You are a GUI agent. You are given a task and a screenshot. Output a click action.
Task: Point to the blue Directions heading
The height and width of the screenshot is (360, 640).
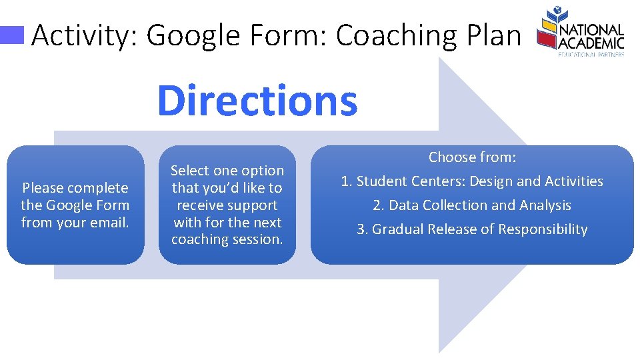pyautogui.click(x=257, y=100)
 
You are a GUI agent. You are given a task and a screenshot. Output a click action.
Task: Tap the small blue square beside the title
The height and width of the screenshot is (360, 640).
pyautogui.click(x=13, y=35)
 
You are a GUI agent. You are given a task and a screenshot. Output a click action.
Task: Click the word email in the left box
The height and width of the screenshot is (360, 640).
pyautogui.click(x=111, y=223)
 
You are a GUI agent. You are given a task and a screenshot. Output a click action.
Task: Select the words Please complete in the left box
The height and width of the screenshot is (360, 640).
pyautogui.click(x=75, y=188)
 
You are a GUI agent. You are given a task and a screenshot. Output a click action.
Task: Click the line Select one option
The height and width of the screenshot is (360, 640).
pyautogui.click(x=227, y=171)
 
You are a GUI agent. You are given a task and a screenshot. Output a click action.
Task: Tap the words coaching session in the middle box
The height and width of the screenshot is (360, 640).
pyautogui.click(x=227, y=240)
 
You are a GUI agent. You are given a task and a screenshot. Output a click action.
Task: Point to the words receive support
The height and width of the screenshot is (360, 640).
pyautogui.click(x=227, y=205)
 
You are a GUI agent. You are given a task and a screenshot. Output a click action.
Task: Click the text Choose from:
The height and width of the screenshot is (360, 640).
pyautogui.click(x=472, y=157)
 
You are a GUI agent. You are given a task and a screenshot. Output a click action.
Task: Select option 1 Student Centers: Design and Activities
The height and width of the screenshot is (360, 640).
pyautogui.click(x=472, y=181)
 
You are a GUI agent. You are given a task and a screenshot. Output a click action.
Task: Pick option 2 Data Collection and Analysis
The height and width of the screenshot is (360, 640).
pyautogui.click(x=472, y=205)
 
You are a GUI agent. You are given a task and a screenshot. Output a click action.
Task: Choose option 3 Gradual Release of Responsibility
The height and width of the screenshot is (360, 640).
pyautogui.click(x=472, y=229)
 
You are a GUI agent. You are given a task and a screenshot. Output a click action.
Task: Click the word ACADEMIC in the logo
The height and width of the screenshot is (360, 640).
pyautogui.click(x=592, y=43)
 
